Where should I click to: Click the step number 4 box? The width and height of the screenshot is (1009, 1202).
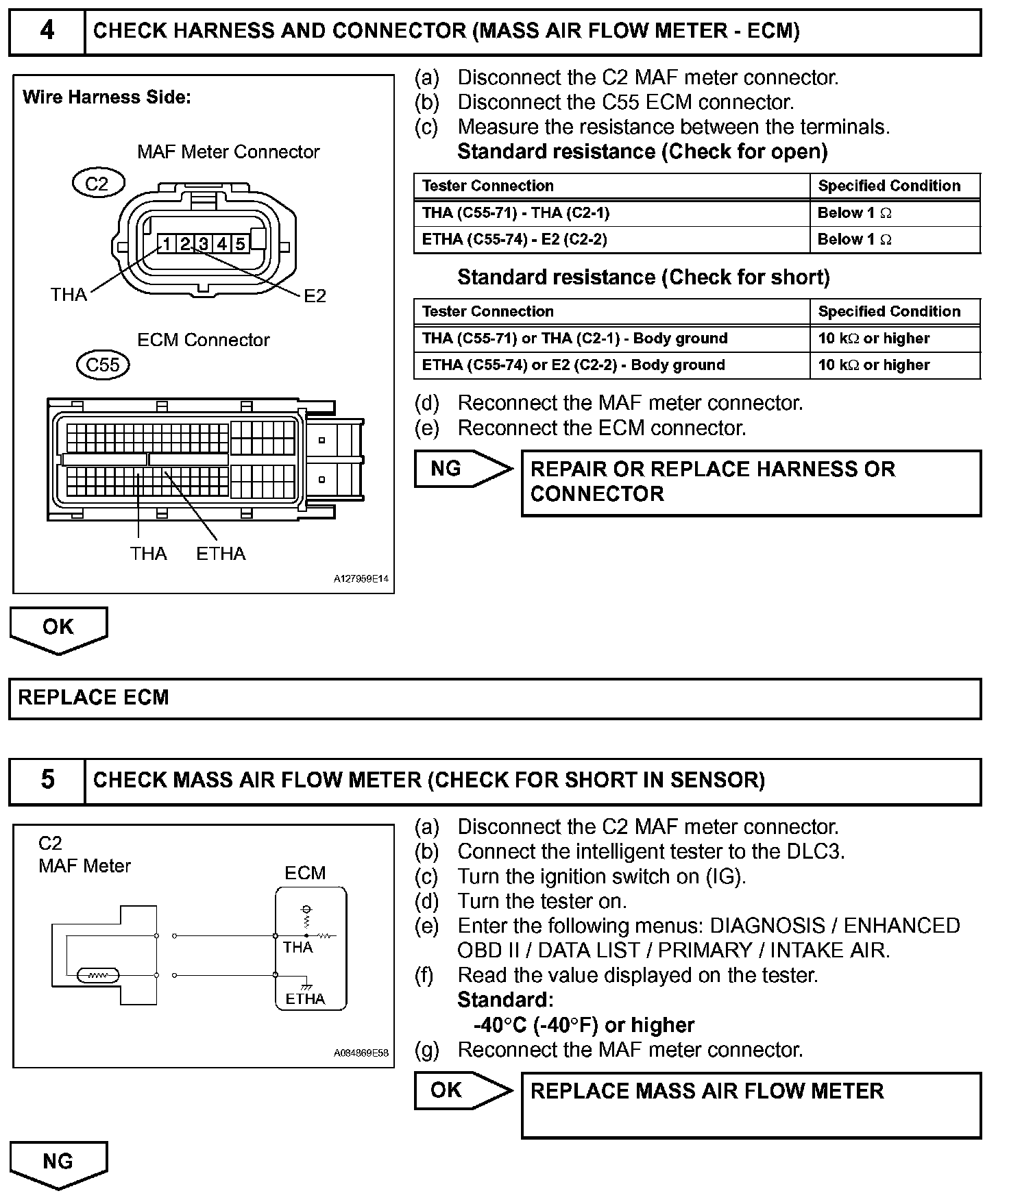point(47,32)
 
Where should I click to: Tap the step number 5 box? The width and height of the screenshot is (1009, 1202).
point(47,781)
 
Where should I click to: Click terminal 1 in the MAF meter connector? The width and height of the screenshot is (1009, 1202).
point(167,243)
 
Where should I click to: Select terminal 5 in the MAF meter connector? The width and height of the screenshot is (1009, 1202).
point(240,243)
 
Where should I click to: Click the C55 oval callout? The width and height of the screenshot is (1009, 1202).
point(103,365)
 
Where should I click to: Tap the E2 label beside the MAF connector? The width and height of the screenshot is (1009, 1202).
point(315,296)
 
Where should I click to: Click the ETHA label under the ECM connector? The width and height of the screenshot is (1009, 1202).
point(221,554)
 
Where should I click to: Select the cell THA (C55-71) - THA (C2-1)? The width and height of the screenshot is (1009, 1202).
point(515,213)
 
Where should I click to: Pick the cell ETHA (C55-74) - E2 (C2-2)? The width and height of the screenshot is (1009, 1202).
point(514,240)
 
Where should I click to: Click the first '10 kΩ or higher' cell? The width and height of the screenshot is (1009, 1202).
point(873,339)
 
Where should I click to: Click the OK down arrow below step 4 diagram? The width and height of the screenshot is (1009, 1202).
point(58,628)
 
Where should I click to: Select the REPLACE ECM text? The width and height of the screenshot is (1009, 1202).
point(93,698)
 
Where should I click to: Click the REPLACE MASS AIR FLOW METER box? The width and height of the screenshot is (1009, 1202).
point(751,1105)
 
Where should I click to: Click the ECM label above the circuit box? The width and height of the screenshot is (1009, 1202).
point(305,873)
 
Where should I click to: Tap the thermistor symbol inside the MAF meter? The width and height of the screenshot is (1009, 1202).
point(99,975)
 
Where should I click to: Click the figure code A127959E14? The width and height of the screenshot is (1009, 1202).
point(361,579)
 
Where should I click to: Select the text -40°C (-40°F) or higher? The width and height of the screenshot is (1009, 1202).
point(583,1025)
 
